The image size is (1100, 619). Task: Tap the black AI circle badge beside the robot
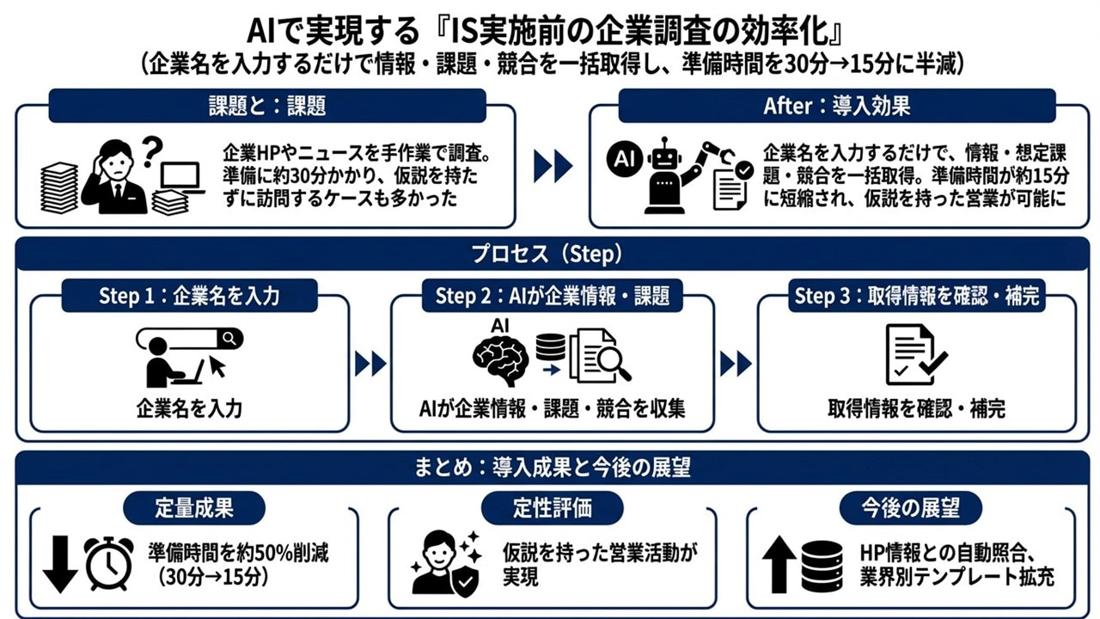625,159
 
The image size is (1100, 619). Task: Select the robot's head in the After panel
664,158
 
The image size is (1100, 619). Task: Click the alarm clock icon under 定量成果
108,563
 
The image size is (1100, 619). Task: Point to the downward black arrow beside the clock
60,564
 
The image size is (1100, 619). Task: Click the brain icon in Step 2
500,360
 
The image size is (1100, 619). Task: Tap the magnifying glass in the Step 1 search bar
229,339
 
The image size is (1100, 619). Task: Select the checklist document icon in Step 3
915,354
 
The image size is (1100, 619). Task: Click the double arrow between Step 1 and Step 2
370,364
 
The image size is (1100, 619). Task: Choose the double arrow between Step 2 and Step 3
736,364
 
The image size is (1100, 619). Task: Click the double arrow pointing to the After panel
553,166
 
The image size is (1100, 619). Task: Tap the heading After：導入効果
837,106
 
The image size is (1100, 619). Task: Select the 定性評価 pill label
552,508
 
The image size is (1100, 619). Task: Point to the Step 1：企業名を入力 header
189,296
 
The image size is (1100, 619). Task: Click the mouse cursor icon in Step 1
217,365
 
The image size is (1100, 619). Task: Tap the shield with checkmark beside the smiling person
465,582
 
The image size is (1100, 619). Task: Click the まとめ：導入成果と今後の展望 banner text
552,467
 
